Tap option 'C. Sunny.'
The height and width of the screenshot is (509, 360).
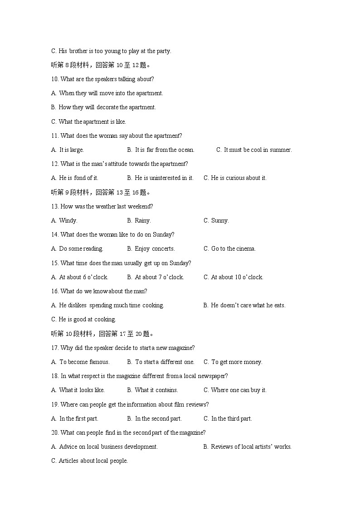[x=216, y=221]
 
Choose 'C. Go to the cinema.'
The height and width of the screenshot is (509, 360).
[x=229, y=249]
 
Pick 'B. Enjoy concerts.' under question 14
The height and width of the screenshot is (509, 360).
[x=151, y=249]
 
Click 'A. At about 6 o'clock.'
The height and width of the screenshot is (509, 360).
[x=80, y=277]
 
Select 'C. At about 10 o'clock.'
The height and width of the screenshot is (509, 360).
[x=233, y=277]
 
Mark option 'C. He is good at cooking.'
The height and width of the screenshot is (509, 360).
[x=83, y=320]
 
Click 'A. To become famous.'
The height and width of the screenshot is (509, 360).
[x=81, y=362]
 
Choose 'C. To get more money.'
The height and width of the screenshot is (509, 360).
[x=233, y=362]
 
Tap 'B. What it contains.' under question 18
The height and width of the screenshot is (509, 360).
[x=152, y=390]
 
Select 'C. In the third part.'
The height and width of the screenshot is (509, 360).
[x=228, y=419]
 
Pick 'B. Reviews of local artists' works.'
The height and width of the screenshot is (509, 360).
[x=247, y=447]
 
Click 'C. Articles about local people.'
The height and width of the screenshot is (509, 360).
[x=89, y=461]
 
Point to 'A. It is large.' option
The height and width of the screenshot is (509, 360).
[x=68, y=150]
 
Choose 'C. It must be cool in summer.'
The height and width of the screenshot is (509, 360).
[x=254, y=150]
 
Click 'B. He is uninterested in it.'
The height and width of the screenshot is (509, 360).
[x=160, y=178]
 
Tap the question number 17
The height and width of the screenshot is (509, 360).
[x=55, y=348]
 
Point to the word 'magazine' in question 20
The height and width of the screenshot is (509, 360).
[x=192, y=433]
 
